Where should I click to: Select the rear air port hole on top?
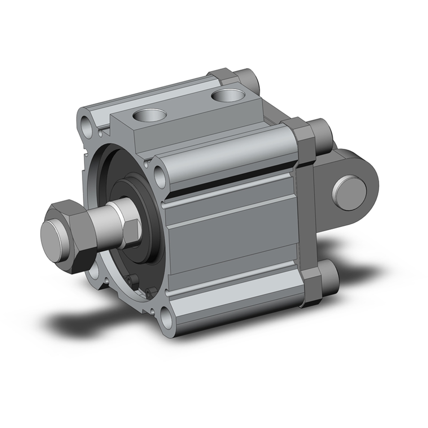click(226, 95)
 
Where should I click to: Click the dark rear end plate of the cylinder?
click(306, 214)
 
